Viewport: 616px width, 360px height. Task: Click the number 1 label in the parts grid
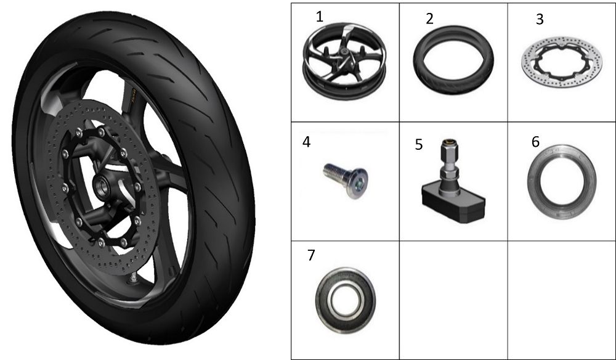(x=319, y=17)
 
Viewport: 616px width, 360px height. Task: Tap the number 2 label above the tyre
(x=430, y=19)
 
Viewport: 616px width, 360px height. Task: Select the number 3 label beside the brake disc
(x=540, y=19)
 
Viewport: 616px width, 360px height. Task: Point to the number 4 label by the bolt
(x=306, y=142)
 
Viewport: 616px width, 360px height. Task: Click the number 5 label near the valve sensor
(x=419, y=145)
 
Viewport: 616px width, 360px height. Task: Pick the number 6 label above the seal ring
(x=535, y=142)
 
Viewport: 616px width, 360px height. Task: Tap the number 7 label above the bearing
(x=311, y=255)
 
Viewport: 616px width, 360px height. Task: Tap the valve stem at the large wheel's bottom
(x=134, y=277)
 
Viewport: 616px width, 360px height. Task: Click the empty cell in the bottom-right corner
(x=561, y=300)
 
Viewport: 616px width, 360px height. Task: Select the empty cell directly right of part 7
(x=453, y=300)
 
